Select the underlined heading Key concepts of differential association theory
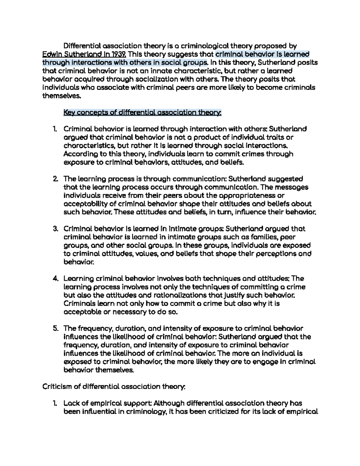(x=142, y=113)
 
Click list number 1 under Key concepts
(x=55, y=129)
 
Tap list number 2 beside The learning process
(x=55, y=179)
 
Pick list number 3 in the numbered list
(x=55, y=229)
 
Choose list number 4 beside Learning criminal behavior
(x=55, y=278)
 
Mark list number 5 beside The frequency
(x=55, y=328)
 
